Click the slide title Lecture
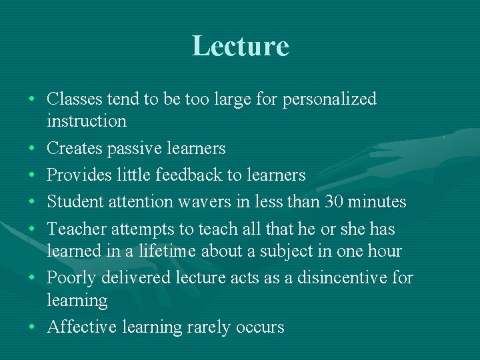240,46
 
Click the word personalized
329,99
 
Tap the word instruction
87,121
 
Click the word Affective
79,327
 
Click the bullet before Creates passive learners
32,148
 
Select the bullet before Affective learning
32,327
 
